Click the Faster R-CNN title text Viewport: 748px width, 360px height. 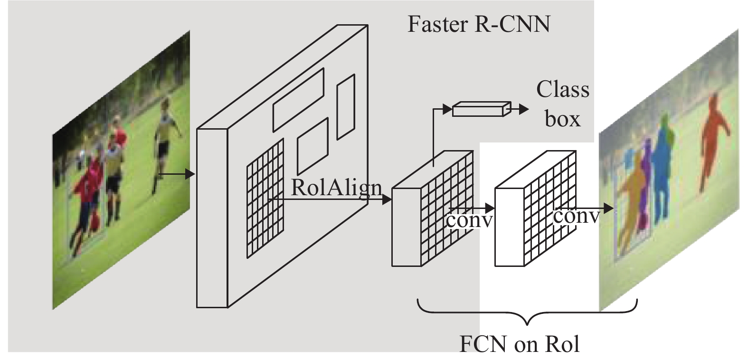coord(479,24)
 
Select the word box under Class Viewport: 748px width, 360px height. coord(563,119)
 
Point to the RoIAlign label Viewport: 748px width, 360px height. coord(336,189)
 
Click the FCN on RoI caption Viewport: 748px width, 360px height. coord(520,344)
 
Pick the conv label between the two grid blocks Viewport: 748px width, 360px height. coord(470,220)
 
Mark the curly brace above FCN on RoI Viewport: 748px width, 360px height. coord(527,312)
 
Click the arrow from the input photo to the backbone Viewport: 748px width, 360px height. coord(177,174)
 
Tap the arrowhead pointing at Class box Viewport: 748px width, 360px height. coord(525,109)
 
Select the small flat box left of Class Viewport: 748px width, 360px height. coord(482,109)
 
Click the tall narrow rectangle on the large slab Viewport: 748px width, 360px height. coord(346,107)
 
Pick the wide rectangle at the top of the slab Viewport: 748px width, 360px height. coord(299,100)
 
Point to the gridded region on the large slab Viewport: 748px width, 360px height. coord(265,199)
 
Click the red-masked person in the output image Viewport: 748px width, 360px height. coord(713,140)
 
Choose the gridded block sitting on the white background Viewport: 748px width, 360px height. coord(535,208)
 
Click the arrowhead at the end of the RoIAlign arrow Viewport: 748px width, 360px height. coord(387,199)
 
